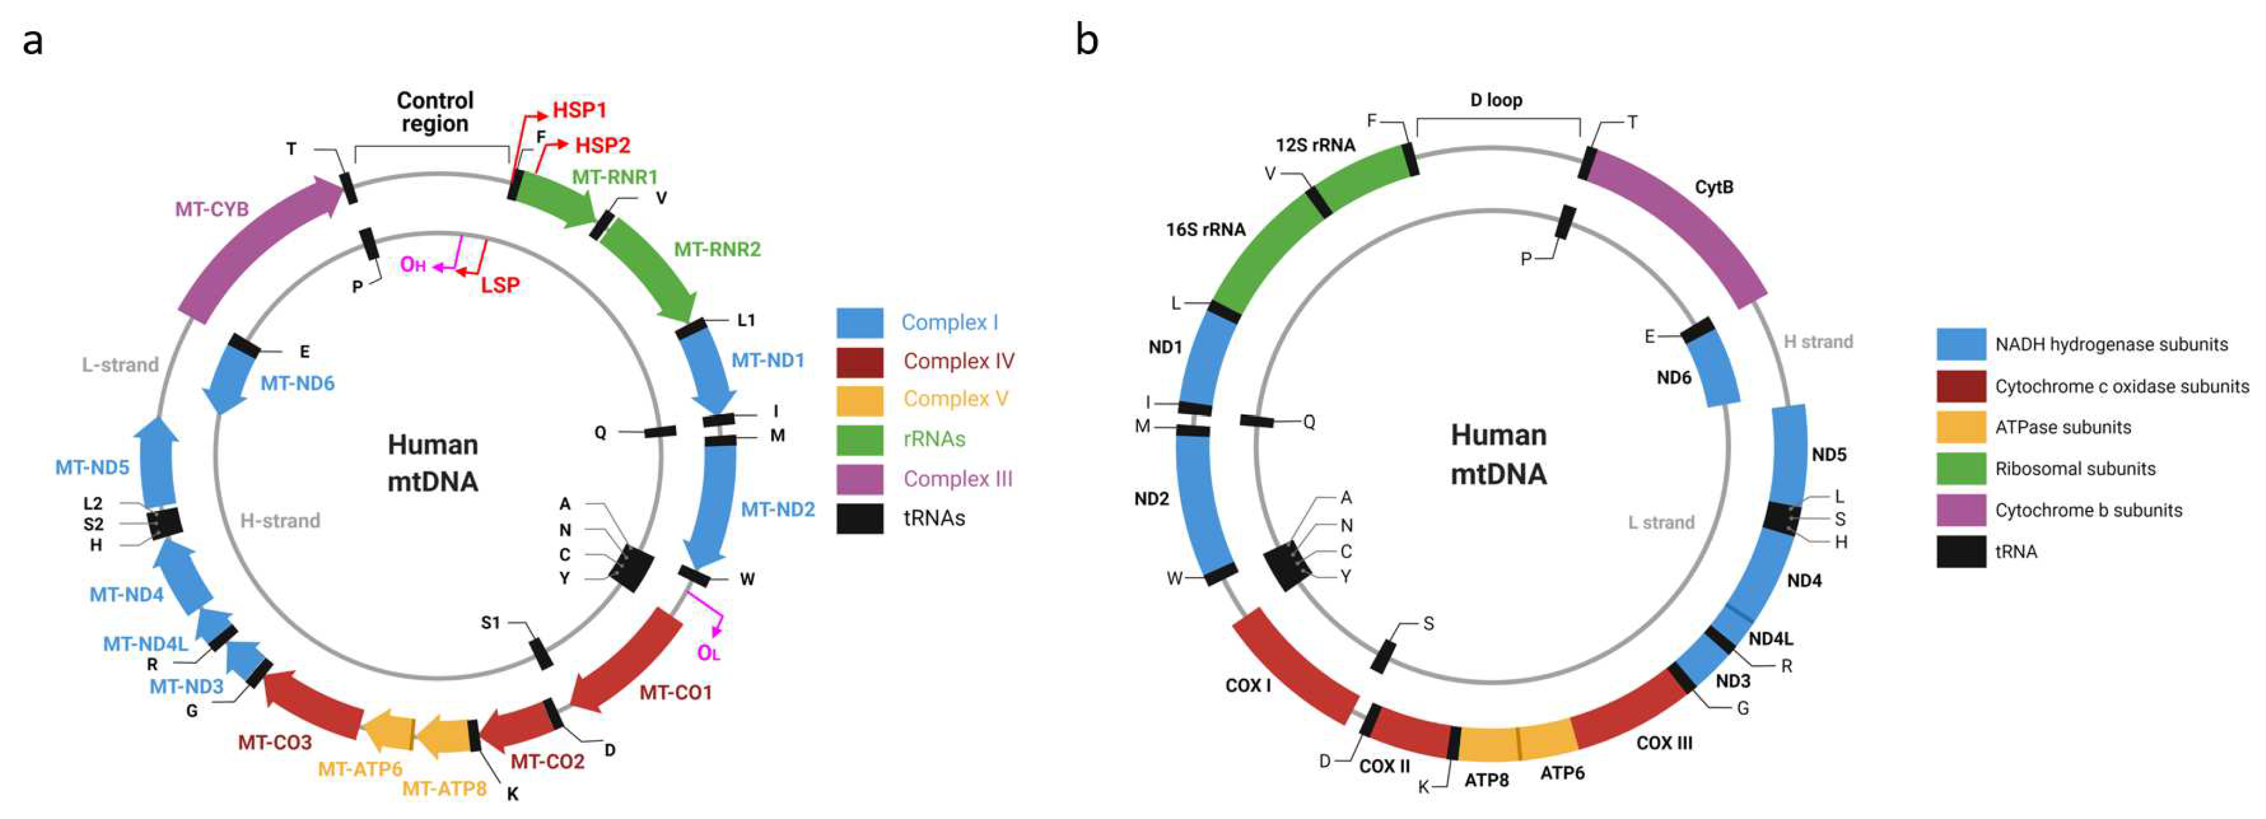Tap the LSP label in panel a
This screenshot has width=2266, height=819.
point(500,285)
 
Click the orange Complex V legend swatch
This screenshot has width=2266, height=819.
point(859,400)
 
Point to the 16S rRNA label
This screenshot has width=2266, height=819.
point(1205,230)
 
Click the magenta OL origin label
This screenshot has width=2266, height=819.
point(708,653)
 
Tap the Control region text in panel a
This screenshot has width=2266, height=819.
point(435,112)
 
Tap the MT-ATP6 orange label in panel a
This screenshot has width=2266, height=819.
point(360,769)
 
